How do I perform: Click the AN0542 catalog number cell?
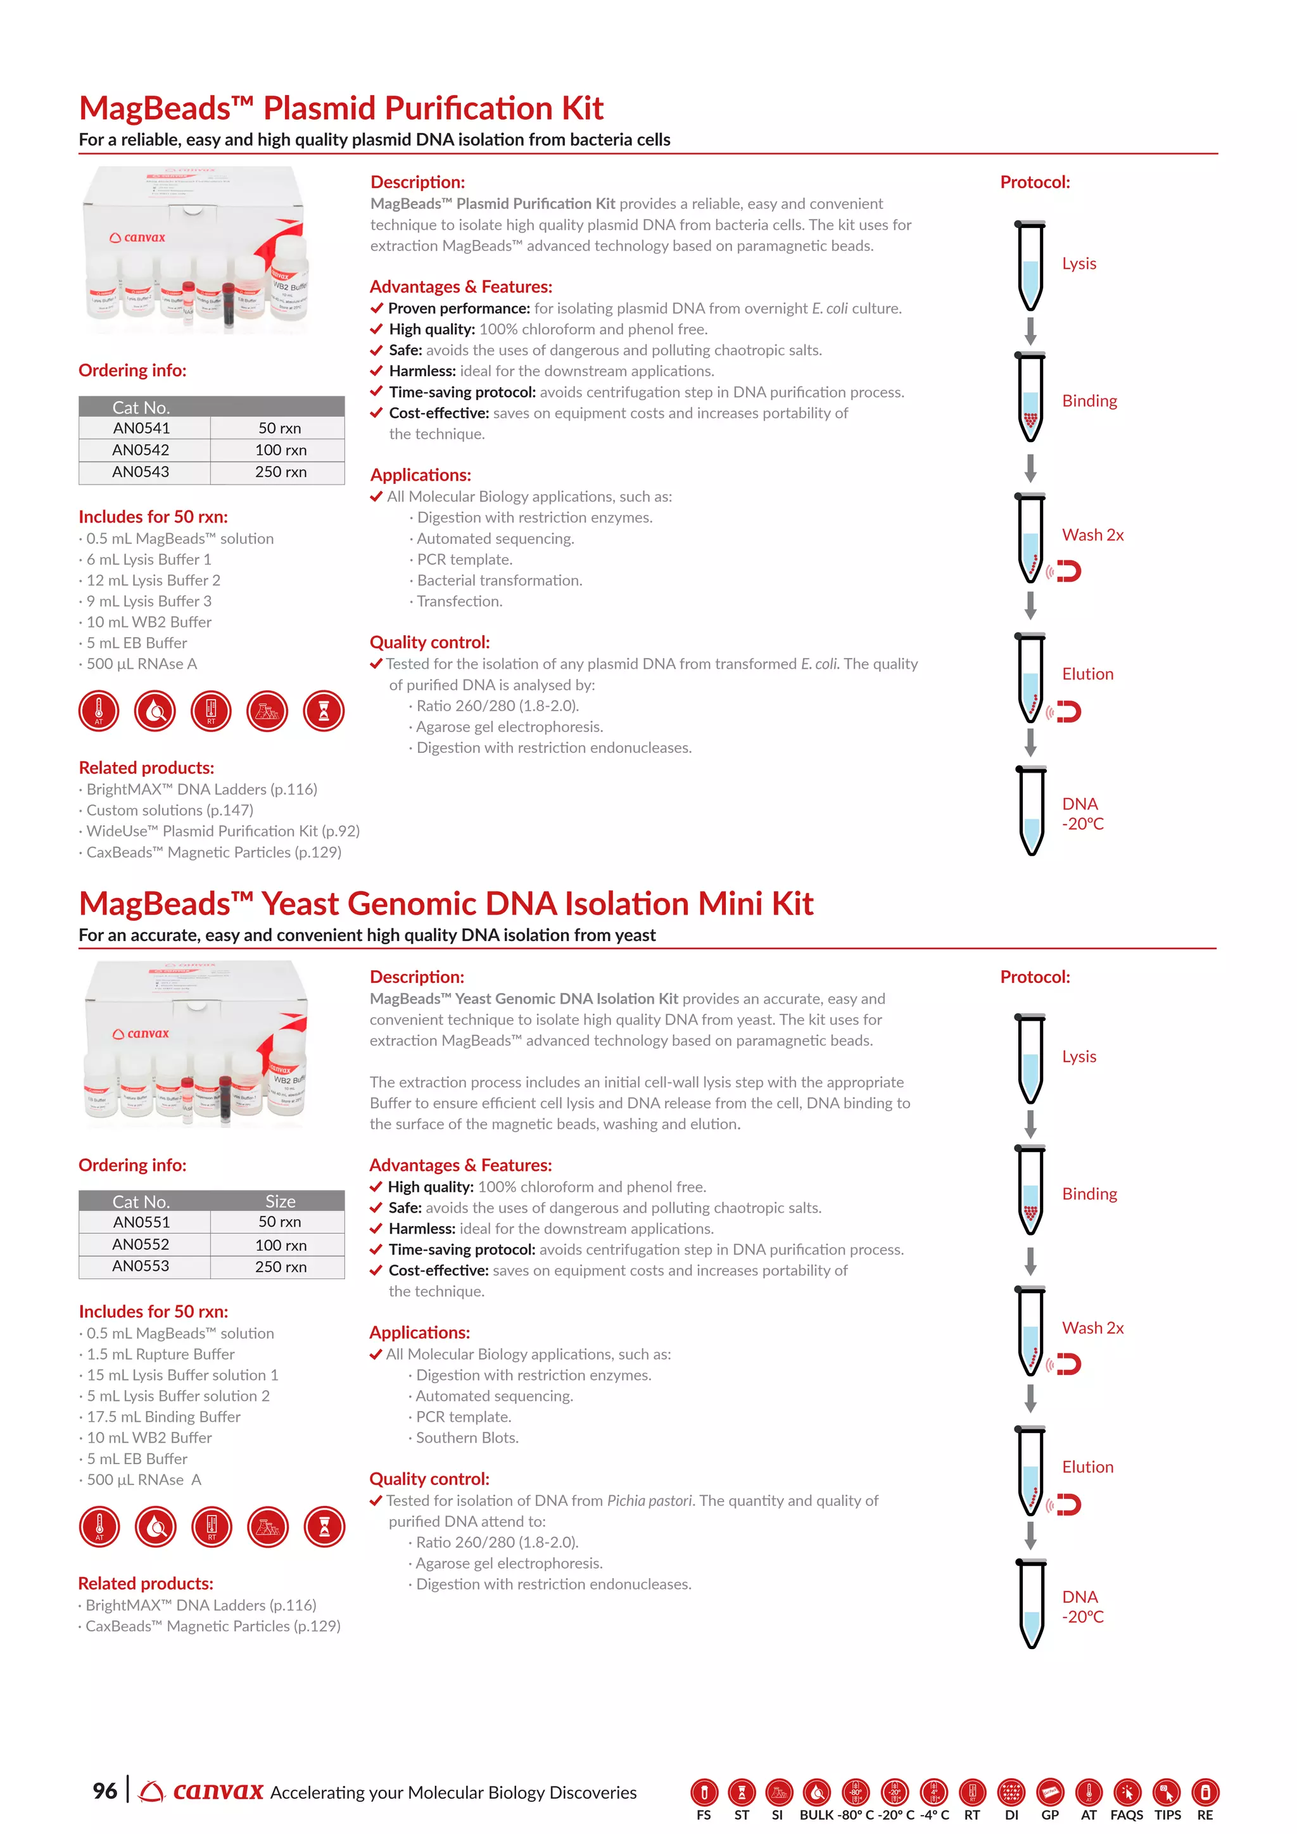click(x=141, y=450)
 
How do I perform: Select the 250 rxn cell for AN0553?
click(x=281, y=1267)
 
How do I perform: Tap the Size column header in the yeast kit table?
click(x=281, y=1201)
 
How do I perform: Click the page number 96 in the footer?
click(x=104, y=1791)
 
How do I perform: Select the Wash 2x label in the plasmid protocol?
click(x=1092, y=535)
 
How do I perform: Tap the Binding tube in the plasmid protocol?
click(x=1030, y=398)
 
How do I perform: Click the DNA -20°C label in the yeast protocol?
click(x=1082, y=1607)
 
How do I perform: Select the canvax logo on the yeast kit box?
click(x=141, y=1034)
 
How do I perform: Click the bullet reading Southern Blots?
click(x=467, y=1438)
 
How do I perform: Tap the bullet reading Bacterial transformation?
click(x=499, y=581)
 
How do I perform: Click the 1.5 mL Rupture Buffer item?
click(x=160, y=1354)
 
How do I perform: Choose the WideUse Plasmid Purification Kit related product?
click(x=223, y=832)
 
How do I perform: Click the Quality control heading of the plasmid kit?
click(x=429, y=642)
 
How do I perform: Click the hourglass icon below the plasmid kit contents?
click(x=324, y=711)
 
